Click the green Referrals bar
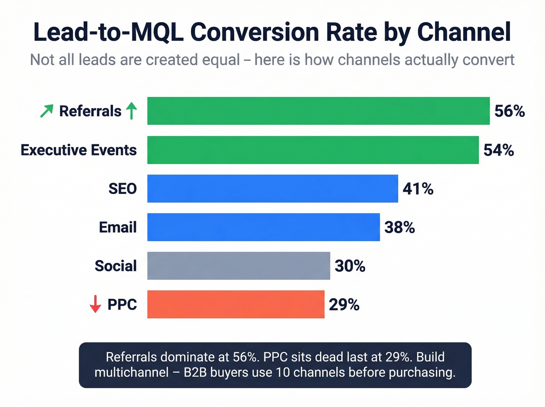pyautogui.click(x=318, y=111)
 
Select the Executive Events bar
pyautogui.click(x=313, y=150)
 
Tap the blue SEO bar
pyautogui.click(x=272, y=189)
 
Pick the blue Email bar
pyautogui.click(x=263, y=227)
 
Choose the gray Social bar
pyautogui.click(x=238, y=266)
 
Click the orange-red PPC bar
pyautogui.click(x=236, y=304)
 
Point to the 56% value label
pyautogui.click(x=509, y=111)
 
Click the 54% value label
pyautogui.click(x=498, y=150)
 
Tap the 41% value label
pyautogui.click(x=418, y=189)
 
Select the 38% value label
pyautogui.click(x=399, y=227)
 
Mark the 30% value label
pyautogui.click(x=350, y=266)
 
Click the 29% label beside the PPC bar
pyautogui.click(x=344, y=305)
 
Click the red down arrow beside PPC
pyautogui.click(x=95, y=304)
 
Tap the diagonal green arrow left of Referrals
pyautogui.click(x=47, y=111)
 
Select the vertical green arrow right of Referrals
pyautogui.click(x=132, y=111)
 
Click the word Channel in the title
pyautogui.click(x=464, y=32)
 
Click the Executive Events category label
pyautogui.click(x=79, y=150)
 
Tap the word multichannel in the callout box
pyautogui.click(x=132, y=372)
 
